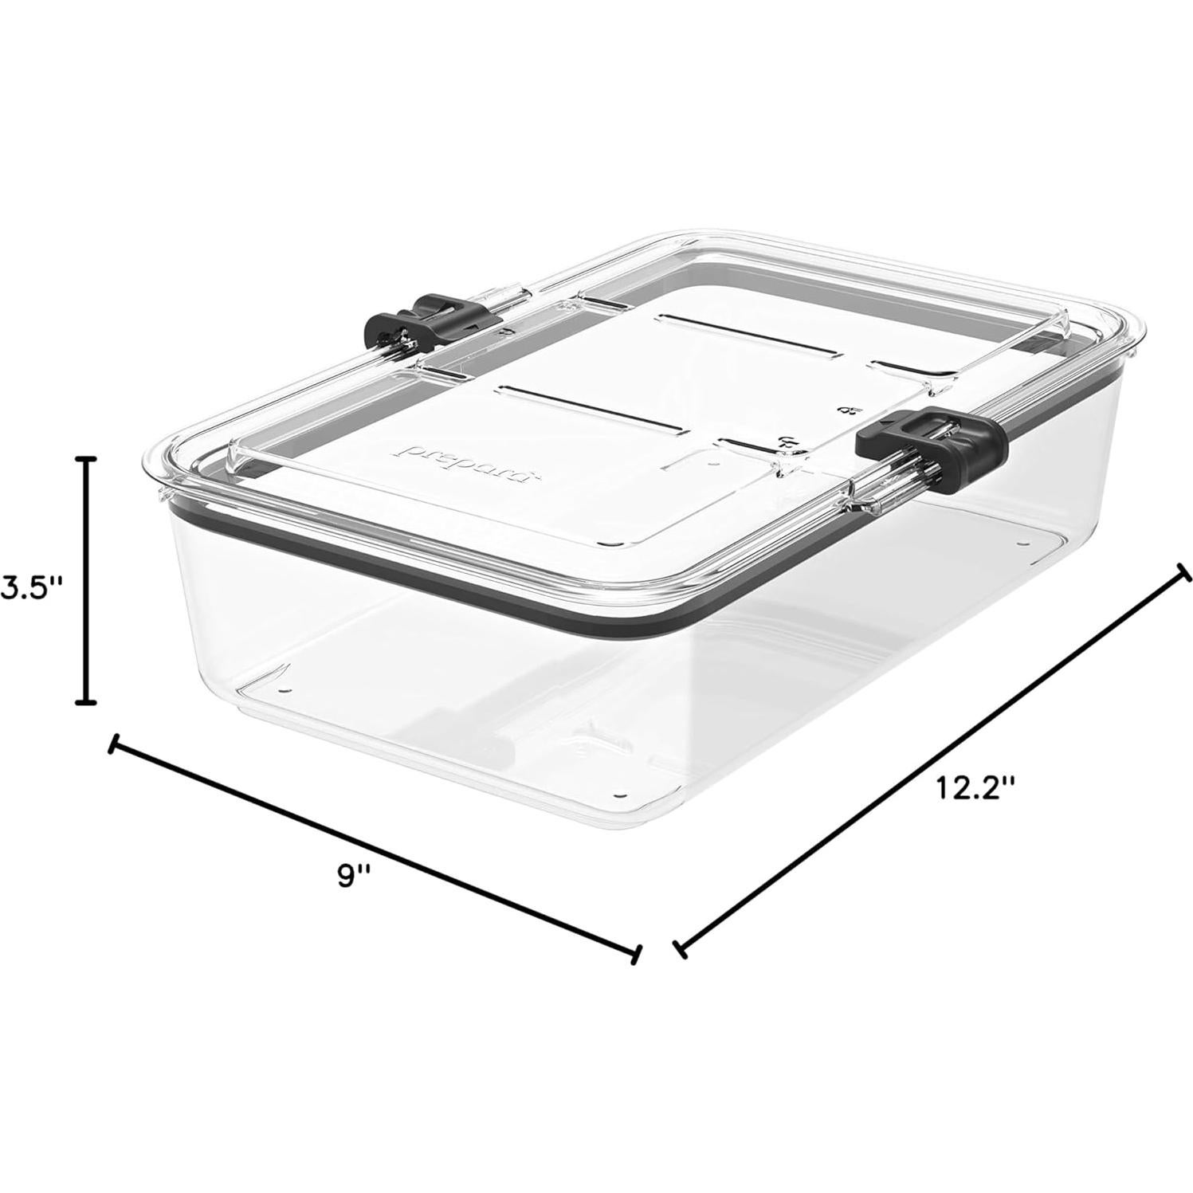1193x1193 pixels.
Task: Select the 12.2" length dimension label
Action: (x=975, y=788)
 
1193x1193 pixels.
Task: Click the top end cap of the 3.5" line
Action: (x=85, y=460)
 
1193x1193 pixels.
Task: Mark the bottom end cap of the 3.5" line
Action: (x=85, y=702)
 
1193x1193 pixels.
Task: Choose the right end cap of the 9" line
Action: (x=635, y=954)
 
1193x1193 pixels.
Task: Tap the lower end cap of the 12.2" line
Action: (x=679, y=948)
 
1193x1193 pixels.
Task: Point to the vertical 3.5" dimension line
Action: (x=85, y=582)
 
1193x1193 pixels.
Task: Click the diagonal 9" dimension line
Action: (x=375, y=849)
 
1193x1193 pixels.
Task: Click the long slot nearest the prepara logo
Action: (x=590, y=407)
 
